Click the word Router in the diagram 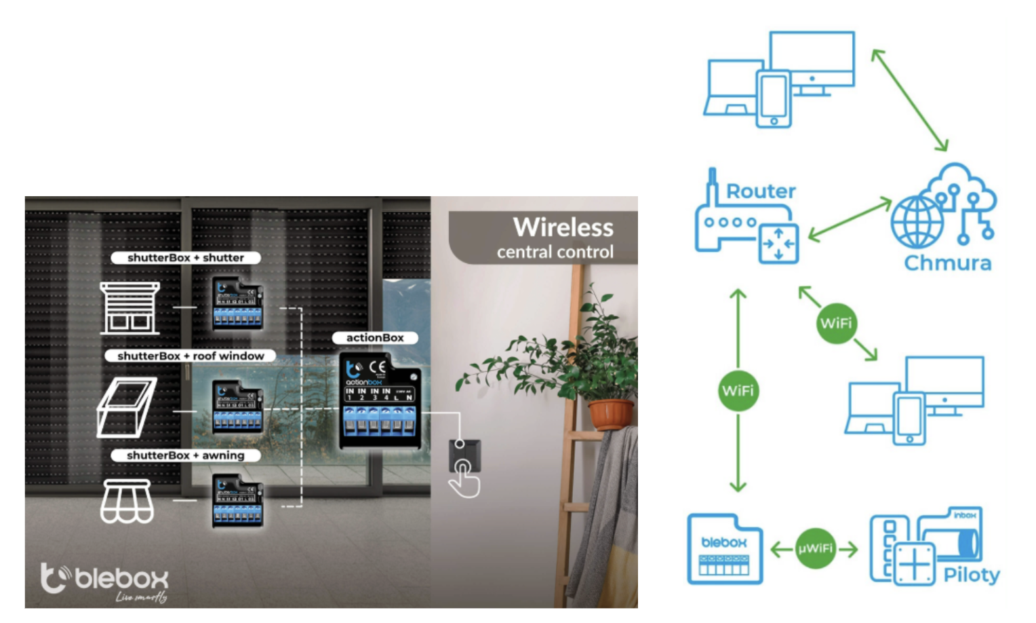click(761, 191)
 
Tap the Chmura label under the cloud click(947, 263)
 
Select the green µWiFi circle click(815, 548)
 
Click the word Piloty click(971, 575)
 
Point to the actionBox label click(375, 338)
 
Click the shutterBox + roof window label click(191, 356)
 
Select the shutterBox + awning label click(185, 455)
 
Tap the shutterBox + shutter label click(185, 258)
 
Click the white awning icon click(127, 502)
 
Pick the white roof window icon click(126, 407)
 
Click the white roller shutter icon click(129, 308)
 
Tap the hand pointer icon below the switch click(464, 480)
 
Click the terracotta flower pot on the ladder click(610, 413)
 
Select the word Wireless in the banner click(563, 227)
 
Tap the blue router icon click(746, 224)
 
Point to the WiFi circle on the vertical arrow click(738, 391)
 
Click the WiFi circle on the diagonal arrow click(836, 323)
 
